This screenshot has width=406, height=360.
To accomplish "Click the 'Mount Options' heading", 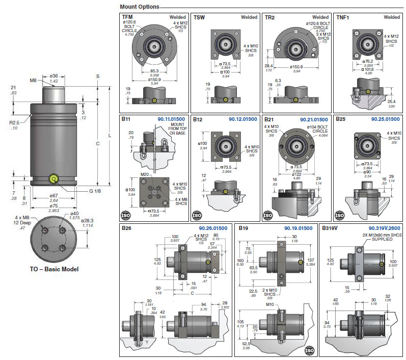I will click(x=139, y=7).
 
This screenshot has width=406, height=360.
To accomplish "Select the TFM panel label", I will click(x=128, y=17).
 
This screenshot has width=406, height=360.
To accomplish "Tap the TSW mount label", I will click(x=199, y=17).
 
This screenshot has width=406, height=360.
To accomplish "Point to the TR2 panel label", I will click(x=270, y=17).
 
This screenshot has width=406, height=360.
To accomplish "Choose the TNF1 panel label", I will click(x=343, y=17).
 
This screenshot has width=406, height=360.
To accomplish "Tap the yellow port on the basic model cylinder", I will click(x=52, y=179).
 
